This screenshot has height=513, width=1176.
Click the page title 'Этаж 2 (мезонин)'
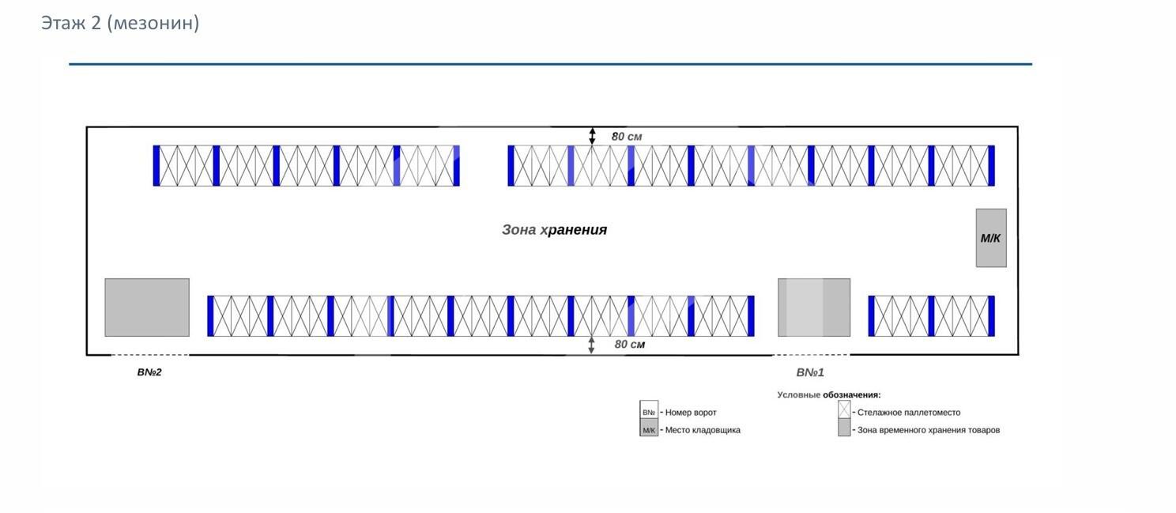120,23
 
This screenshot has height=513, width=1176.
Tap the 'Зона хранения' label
554,230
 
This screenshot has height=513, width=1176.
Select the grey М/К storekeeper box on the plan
990,238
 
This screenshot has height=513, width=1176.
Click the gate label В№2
149,372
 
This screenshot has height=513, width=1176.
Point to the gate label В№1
810,372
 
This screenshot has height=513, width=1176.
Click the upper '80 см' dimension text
627,136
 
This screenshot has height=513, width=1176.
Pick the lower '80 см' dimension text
630,345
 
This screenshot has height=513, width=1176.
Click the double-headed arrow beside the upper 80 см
592,136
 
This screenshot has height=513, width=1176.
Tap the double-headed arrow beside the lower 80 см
592,345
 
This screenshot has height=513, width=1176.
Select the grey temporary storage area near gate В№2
147,307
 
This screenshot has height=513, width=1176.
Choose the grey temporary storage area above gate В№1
814,307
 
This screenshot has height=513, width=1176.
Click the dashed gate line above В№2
149,355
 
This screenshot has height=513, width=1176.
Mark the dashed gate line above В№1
811,355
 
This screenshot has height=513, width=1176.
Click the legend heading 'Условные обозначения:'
828,394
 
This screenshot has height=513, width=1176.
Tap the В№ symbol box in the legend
649,412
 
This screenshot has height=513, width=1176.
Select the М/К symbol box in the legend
649,430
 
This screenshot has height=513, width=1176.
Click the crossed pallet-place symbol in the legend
844,410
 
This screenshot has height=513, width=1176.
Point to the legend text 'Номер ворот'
691,413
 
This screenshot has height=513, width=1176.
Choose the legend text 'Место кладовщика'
703,430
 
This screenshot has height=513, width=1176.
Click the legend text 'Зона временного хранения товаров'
929,430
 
